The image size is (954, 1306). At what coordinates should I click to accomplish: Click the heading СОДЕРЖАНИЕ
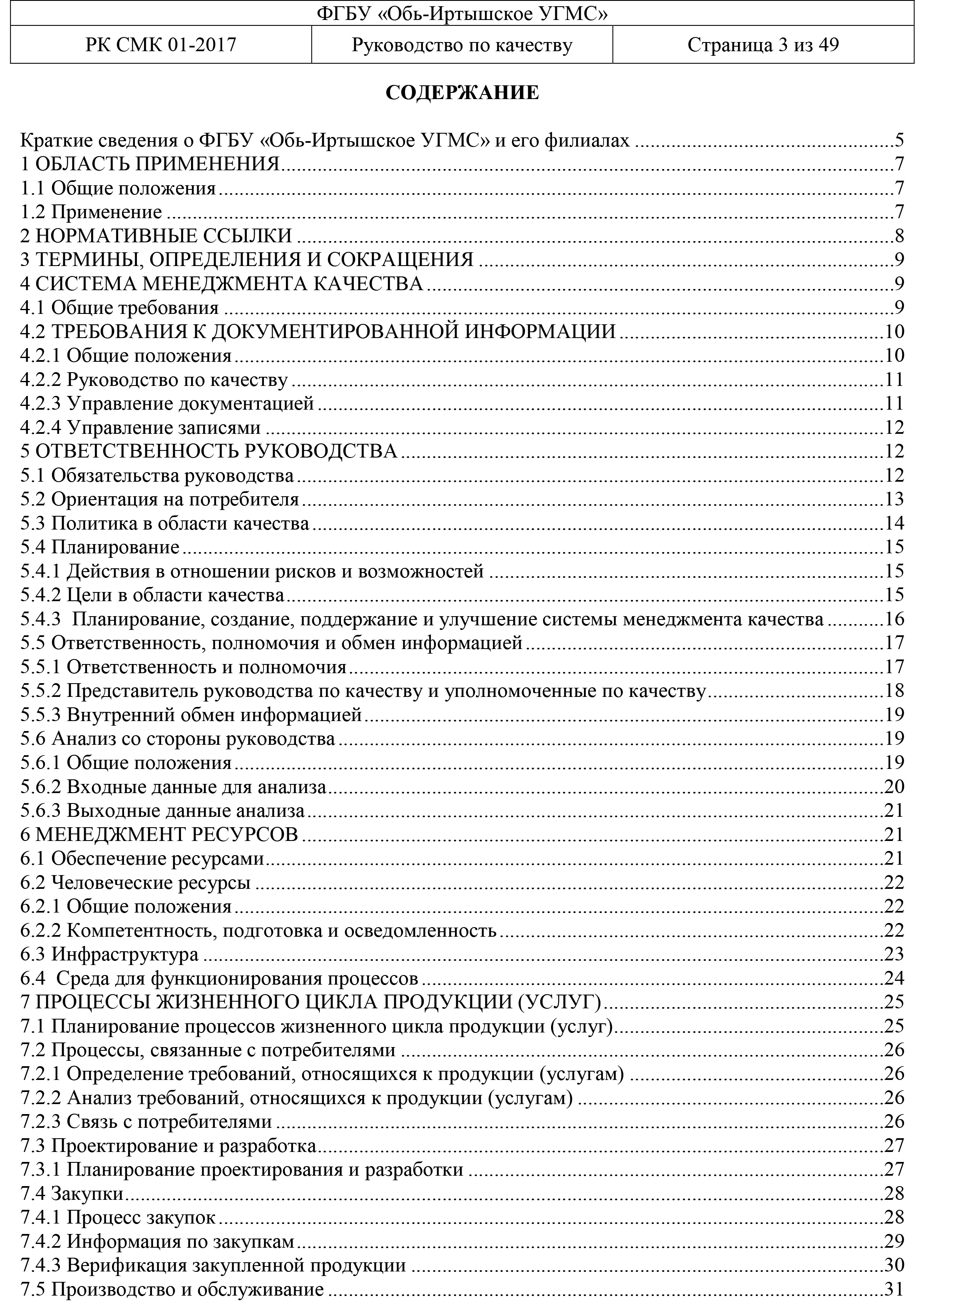click(462, 93)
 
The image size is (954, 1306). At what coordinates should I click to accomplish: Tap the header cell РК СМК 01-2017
click(161, 45)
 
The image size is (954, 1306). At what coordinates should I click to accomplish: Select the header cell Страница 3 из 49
click(763, 45)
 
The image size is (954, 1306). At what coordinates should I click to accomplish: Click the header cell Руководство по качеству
click(462, 45)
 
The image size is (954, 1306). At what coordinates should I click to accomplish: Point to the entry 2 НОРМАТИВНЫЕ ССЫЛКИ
click(156, 236)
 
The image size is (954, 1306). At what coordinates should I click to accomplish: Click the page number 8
click(899, 236)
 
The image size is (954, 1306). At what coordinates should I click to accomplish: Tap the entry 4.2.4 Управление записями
click(140, 428)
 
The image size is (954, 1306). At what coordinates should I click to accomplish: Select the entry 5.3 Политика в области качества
click(165, 523)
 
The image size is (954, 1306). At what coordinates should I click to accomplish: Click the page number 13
click(894, 499)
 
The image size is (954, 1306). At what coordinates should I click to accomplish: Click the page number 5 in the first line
click(899, 140)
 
